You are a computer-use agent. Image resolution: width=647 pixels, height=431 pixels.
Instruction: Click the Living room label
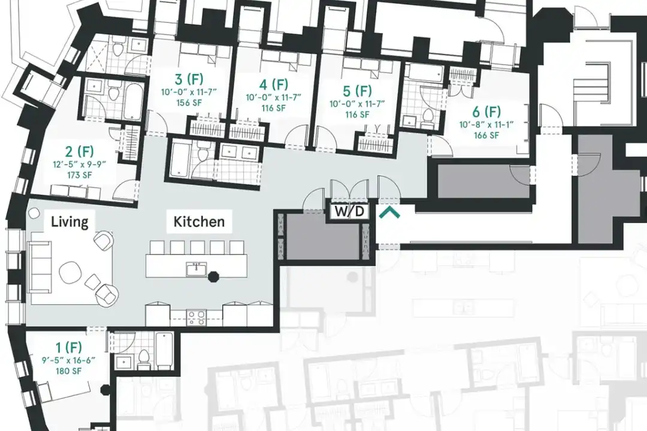[69, 222]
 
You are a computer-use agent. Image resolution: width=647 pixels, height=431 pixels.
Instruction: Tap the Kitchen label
[199, 221]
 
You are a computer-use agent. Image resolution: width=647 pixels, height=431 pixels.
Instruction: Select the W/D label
[349, 211]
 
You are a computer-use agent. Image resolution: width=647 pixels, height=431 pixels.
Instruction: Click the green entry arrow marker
[390, 213]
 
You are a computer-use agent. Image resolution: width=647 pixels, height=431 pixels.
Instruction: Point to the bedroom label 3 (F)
[189, 79]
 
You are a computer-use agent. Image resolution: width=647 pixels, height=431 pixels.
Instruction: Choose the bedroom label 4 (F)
[274, 84]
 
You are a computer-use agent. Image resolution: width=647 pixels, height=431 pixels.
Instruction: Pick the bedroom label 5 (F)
[357, 90]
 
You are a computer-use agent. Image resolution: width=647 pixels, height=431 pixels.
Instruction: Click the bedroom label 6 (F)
[486, 111]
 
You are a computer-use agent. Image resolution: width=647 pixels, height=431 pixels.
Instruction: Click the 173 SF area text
[79, 175]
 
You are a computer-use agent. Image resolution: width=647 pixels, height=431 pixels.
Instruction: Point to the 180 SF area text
[68, 371]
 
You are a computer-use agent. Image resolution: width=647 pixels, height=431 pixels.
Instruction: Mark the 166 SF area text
[486, 135]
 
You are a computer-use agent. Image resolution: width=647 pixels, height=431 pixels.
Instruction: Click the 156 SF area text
[189, 102]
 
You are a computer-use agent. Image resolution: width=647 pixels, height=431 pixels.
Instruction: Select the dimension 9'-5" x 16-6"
[68, 360]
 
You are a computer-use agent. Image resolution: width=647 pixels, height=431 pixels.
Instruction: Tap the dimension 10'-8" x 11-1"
[486, 124]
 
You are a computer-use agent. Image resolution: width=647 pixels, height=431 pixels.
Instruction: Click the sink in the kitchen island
[196, 270]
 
